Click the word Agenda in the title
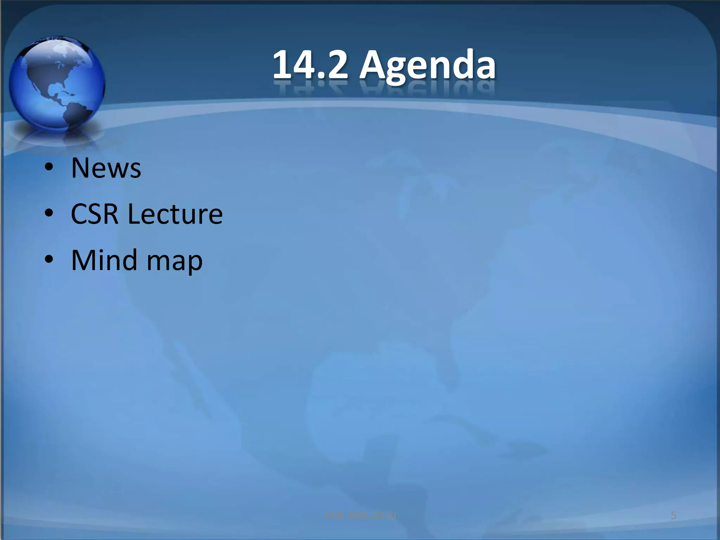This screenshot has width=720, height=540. [427, 67]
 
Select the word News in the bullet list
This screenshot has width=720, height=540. [106, 168]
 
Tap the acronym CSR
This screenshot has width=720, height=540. [94, 214]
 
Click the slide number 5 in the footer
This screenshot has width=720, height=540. [674, 516]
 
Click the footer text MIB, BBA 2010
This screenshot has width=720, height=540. [360, 516]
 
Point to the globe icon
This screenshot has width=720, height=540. [56, 84]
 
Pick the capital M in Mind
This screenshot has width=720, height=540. [84, 260]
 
